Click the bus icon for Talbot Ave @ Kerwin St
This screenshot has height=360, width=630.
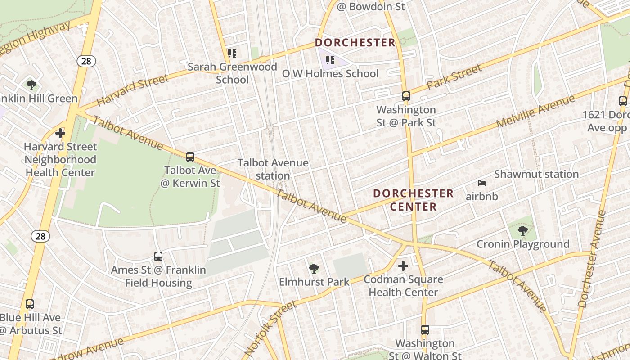click(x=190, y=157)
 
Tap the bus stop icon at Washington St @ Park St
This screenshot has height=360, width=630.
click(x=406, y=96)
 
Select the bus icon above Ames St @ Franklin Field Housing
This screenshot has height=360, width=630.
click(x=158, y=256)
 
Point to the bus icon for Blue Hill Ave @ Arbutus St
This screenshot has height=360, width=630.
click(x=30, y=304)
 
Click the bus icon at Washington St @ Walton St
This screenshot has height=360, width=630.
click(x=425, y=330)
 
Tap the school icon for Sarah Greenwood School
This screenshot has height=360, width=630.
click(x=232, y=54)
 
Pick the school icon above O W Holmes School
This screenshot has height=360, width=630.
click(x=330, y=60)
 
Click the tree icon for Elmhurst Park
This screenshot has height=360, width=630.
click(x=314, y=269)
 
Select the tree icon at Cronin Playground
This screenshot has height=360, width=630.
click(x=522, y=231)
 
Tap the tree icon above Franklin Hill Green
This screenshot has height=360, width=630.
click(x=31, y=85)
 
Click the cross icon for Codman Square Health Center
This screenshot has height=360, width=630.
click(x=403, y=266)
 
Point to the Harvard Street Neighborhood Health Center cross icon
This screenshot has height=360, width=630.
click(x=60, y=133)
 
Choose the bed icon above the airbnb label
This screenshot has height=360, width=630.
click(x=482, y=183)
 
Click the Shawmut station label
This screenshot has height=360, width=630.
click(x=536, y=174)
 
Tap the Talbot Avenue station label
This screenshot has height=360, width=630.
click(x=273, y=169)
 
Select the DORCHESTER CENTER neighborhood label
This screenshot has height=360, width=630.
click(x=413, y=200)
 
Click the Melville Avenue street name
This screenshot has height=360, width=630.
click(x=535, y=111)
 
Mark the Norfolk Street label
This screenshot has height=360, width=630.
click(x=271, y=328)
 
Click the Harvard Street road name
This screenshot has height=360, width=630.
click(x=133, y=90)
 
